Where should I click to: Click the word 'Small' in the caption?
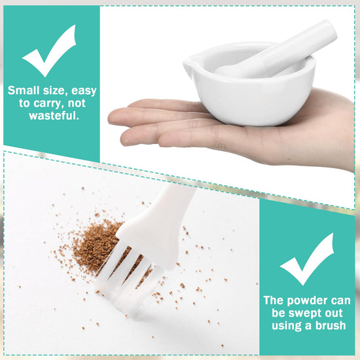click(x=24, y=90)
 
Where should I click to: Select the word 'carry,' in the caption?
click(x=48, y=103)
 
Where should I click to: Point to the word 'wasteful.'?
click(x=54, y=115)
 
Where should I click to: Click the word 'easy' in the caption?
click(x=84, y=91)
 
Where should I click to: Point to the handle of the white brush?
click(x=159, y=221)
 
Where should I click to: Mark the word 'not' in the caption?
click(x=77, y=103)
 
